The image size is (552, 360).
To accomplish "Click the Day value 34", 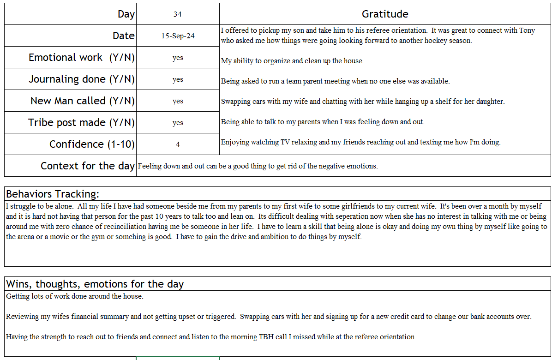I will (x=178, y=14).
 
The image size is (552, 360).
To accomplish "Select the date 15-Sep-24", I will (x=178, y=36).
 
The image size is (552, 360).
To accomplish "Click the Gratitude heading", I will (x=385, y=14).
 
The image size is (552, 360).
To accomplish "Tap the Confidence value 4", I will (x=178, y=144).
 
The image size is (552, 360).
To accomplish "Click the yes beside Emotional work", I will (x=178, y=58).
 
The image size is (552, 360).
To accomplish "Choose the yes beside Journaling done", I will (x=178, y=79).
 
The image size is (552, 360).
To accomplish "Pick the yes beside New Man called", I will (x=178, y=101).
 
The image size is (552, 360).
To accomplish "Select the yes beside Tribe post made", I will (x=178, y=123).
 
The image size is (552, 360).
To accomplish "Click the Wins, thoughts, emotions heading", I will (x=95, y=284).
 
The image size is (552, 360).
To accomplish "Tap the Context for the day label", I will (x=88, y=166).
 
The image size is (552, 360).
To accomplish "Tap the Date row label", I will (x=124, y=36).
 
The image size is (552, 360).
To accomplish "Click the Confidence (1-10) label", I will (x=92, y=144).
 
